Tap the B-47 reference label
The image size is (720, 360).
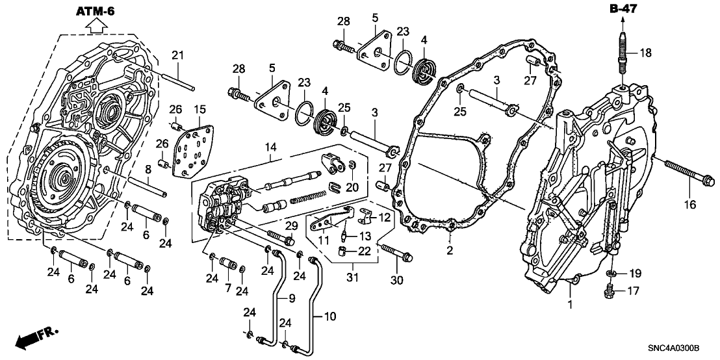[x=623, y=8]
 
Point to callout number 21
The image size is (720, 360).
[x=177, y=56]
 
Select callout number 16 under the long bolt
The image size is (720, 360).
[x=690, y=205]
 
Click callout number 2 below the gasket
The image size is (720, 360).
[x=450, y=251]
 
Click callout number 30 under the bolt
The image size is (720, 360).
[x=396, y=280]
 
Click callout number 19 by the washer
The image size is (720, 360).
[x=634, y=274]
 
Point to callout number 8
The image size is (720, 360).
[x=148, y=169]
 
